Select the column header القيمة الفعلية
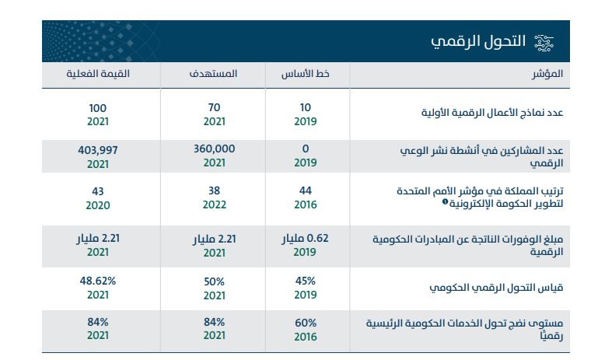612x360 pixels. coord(97,74)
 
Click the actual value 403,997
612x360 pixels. coord(97,148)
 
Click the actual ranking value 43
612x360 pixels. coord(97,190)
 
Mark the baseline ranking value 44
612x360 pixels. coord(306,190)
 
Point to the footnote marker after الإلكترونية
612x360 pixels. coord(445,202)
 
